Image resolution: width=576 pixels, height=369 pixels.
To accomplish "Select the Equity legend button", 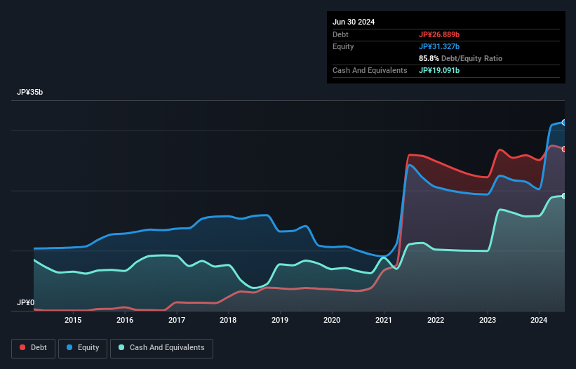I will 83,347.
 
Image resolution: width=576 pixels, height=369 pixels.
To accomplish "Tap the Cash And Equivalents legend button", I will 161,347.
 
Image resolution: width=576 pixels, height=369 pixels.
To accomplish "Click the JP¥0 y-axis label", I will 25,302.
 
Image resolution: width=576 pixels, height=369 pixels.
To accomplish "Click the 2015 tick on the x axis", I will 73,321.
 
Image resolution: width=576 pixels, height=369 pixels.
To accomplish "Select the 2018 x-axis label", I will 228,321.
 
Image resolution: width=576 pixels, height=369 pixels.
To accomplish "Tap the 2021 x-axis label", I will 384,321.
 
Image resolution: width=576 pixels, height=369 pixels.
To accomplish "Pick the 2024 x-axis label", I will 539,321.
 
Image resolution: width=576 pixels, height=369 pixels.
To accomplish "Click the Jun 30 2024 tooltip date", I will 354,22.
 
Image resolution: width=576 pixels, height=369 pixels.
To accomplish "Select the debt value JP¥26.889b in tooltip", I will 440,34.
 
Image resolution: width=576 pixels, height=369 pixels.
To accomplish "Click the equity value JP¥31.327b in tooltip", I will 440,46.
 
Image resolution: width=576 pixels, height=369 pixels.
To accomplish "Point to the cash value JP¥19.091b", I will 440,70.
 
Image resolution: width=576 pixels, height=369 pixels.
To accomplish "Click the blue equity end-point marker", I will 563,123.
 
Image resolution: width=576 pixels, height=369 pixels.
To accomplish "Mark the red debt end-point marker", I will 563,149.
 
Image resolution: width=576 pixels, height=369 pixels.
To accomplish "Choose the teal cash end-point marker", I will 563,196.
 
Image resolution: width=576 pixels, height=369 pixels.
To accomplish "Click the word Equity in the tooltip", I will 343,46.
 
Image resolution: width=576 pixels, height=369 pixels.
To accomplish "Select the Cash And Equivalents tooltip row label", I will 370,70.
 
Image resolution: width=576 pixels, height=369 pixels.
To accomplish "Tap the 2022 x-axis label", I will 436,321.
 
